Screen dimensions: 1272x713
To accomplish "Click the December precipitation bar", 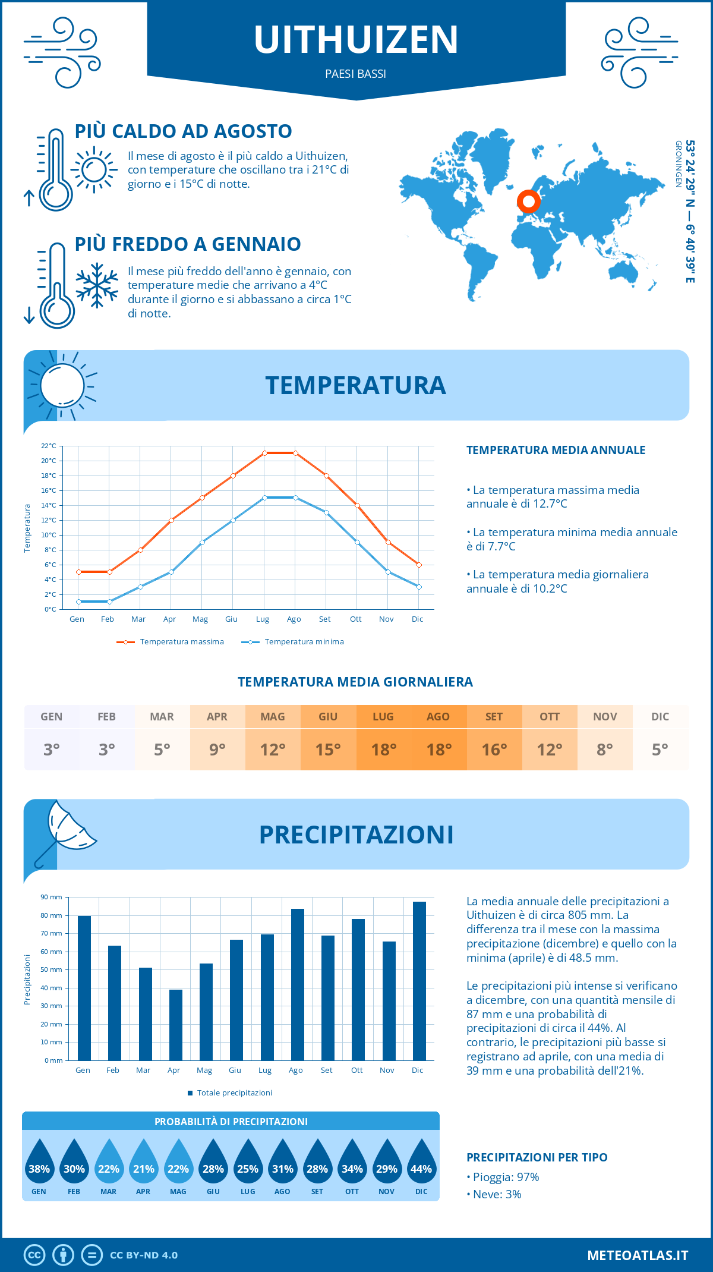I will [x=419, y=981].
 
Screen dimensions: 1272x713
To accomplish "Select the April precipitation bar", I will [x=176, y=1025].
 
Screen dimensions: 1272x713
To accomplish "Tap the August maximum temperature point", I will [x=295, y=453].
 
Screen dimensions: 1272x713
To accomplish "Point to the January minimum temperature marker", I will [x=78, y=602].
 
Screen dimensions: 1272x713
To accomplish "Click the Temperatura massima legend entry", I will [x=171, y=642].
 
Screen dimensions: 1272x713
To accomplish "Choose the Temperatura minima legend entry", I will [x=294, y=642].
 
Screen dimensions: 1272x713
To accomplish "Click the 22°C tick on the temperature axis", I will [x=49, y=446].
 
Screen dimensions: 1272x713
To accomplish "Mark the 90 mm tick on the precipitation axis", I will [x=52, y=897].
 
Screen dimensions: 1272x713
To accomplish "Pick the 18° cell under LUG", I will [x=383, y=750].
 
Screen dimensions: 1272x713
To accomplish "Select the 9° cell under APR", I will [x=217, y=750].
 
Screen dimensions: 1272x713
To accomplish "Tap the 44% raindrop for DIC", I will [x=421, y=1163].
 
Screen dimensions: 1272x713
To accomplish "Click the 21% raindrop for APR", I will [x=144, y=1163].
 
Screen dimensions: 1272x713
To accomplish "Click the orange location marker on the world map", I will [x=528, y=201].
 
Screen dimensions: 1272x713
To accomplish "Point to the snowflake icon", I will [x=97, y=285].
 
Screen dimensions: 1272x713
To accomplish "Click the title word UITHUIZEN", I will [x=356, y=40].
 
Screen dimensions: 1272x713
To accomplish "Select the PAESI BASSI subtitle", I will [x=356, y=74].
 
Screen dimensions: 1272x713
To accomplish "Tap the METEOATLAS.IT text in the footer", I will [x=637, y=1255].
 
